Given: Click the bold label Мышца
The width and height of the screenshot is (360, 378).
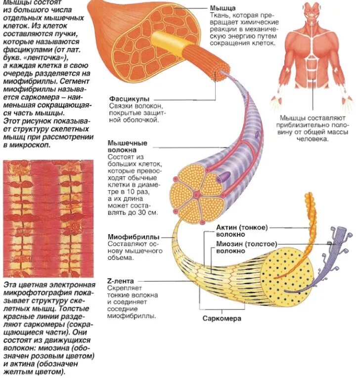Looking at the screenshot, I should pos(223,8).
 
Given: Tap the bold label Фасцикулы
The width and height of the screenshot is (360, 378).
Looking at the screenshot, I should pos(129,99).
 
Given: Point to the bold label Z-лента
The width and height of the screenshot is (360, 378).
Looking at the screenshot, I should pos(121,281).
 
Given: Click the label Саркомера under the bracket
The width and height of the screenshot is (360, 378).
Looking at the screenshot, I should pos(222,319).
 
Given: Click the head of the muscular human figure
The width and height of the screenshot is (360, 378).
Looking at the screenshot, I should pos(312,11).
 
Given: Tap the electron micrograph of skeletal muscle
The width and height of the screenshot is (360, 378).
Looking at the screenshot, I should pos(48,218).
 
